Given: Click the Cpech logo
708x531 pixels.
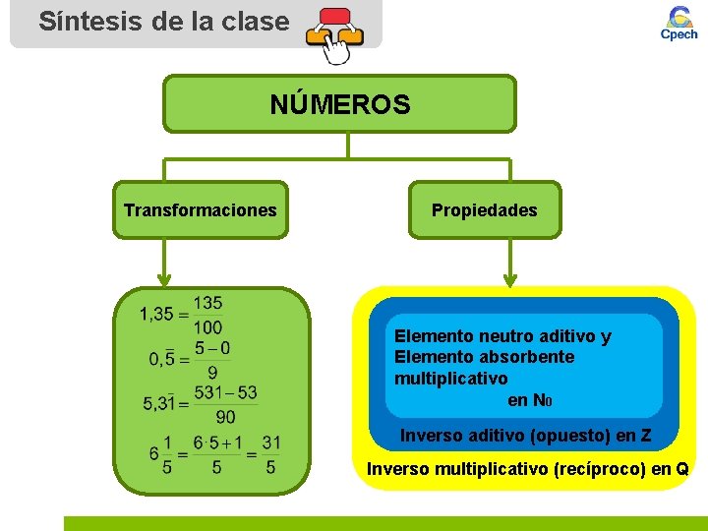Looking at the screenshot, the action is coord(678,24).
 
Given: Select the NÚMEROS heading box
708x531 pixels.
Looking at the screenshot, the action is coord(339,103).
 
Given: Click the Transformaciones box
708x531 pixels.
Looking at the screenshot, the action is coord(201,209).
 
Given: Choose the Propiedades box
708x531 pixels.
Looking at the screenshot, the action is coord(485,209).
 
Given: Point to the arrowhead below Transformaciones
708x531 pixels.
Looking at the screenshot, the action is coord(166,278).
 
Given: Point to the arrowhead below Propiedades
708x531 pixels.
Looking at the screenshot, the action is coord(509,278).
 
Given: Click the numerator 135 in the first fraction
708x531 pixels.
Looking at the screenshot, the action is coord(207,303).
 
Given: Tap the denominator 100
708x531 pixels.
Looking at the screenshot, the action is coord(207,326).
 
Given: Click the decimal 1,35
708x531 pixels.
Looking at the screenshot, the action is coord(156,315).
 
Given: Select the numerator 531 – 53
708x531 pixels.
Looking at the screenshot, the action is coord(226,393).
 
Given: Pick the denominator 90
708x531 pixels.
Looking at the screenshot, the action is coord(225,417).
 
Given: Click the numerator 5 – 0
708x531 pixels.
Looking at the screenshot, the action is coord(212,348).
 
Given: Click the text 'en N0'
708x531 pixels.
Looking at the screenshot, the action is coord(529,400).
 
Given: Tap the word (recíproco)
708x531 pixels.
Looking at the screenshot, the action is coord(597,469).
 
